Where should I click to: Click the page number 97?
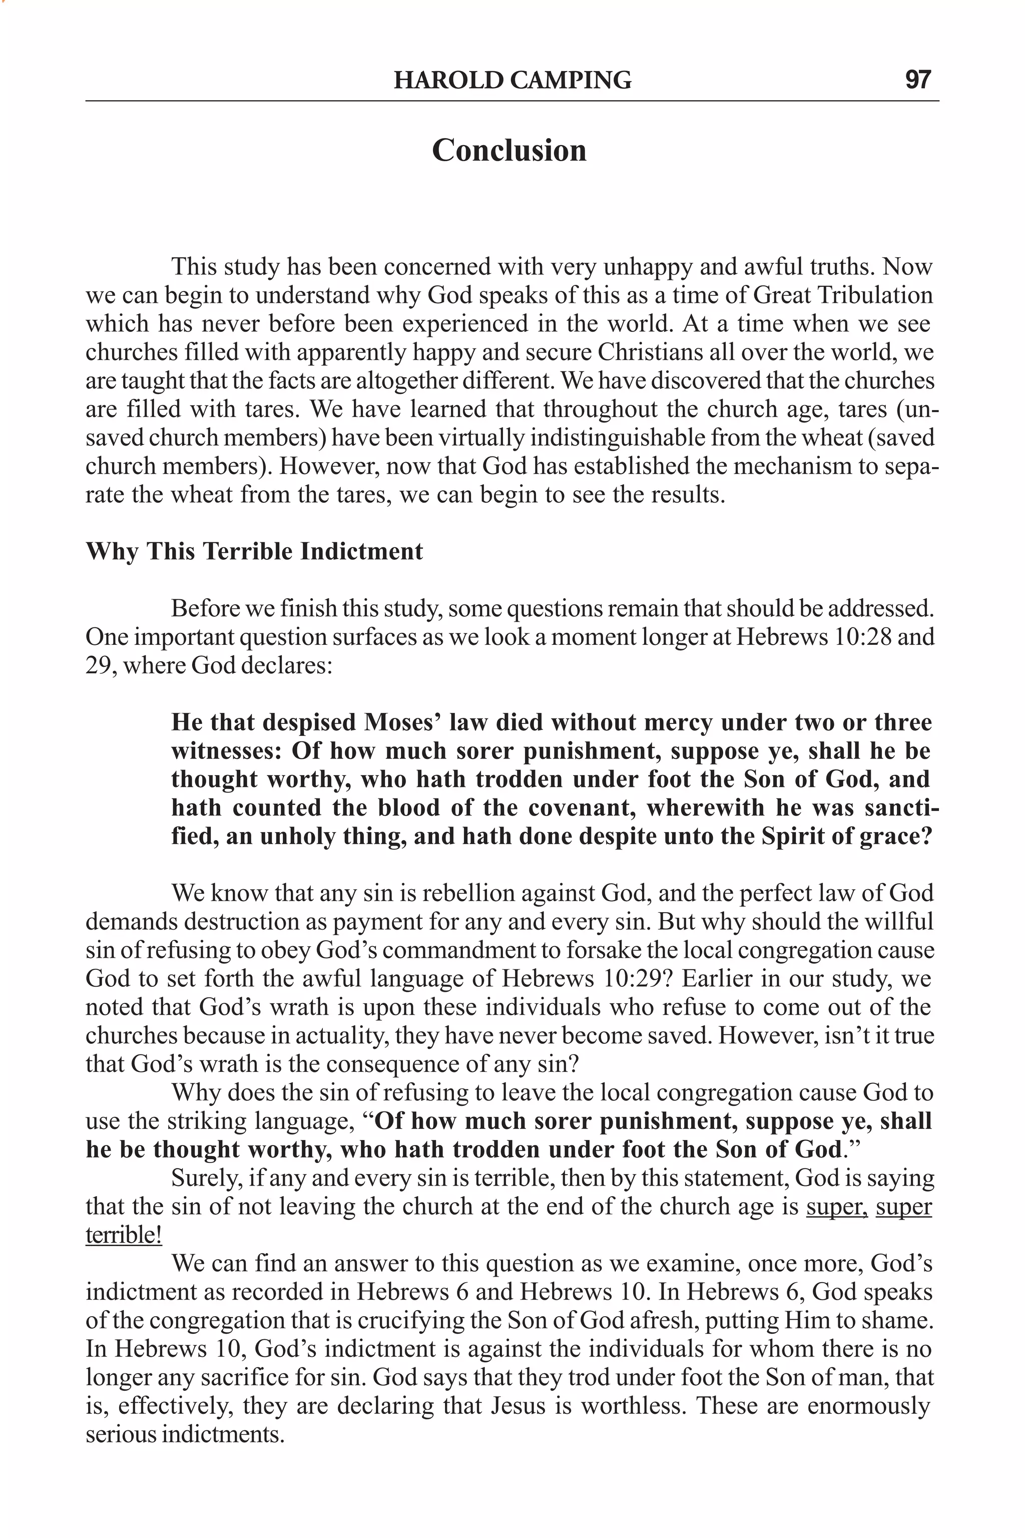918,80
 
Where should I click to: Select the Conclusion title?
509,150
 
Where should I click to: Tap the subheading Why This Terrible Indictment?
254,551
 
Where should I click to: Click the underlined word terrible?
124,1235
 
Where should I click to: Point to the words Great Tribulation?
843,295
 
